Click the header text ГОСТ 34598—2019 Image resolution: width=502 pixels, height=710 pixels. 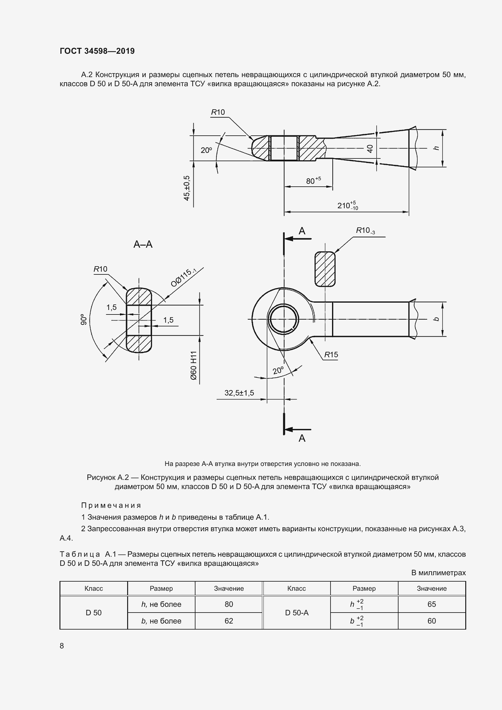point(97,51)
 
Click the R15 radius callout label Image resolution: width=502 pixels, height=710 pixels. point(331,355)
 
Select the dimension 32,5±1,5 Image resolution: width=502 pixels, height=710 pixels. point(239,393)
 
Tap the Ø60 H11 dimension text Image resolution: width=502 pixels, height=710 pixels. point(194,365)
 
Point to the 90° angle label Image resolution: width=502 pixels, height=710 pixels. point(83,319)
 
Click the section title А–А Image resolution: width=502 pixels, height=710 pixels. point(143,244)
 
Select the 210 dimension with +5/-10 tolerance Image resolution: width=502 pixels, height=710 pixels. point(347,205)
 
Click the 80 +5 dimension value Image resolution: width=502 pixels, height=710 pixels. point(313,181)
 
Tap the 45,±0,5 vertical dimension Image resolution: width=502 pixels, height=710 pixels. point(187,188)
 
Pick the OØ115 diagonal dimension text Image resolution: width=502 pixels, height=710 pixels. point(183,278)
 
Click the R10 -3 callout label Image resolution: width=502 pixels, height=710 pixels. point(365,230)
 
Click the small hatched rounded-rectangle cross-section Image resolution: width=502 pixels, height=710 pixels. point(325,269)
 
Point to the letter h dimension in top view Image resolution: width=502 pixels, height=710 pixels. point(436,148)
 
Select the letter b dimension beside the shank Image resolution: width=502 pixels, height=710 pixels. point(436,319)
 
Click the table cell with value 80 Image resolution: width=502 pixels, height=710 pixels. point(229,604)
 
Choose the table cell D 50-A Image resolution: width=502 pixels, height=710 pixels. point(297,613)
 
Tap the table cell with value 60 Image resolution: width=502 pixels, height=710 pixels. point(432,621)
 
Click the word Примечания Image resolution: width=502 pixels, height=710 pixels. point(111,505)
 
